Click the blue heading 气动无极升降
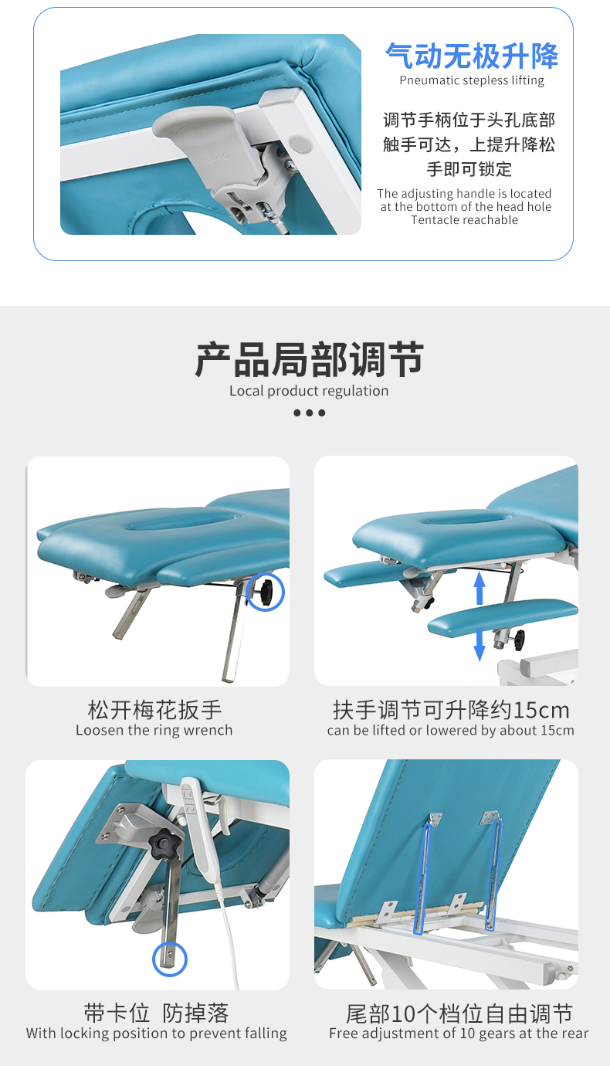[x=471, y=56]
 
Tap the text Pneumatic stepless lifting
[x=471, y=80]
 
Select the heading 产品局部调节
[x=309, y=360]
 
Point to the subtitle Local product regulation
[x=309, y=391]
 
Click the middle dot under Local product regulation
[x=309, y=413]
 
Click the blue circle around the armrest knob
[x=265, y=592]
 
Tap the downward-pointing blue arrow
[x=480, y=644]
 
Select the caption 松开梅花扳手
[x=154, y=709]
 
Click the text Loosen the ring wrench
[x=154, y=731]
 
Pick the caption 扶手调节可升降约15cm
[x=451, y=709]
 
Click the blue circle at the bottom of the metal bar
[x=168, y=959]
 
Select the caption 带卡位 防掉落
[x=157, y=1013]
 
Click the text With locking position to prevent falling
[x=157, y=1034]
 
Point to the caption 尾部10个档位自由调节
[x=459, y=1013]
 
